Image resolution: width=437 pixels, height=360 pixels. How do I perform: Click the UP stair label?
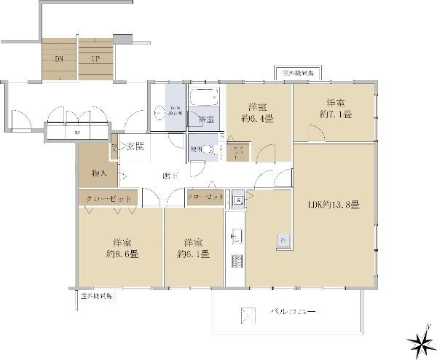coord(95,58)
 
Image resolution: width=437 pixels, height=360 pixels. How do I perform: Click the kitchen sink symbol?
coord(236,235)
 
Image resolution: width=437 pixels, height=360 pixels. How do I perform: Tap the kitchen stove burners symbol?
coord(236,261)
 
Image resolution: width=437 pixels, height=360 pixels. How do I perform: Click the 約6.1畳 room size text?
coord(194,254)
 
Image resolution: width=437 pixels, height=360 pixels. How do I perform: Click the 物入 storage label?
coord(100,173)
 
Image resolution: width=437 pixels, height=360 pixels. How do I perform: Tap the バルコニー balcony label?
coord(293,311)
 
